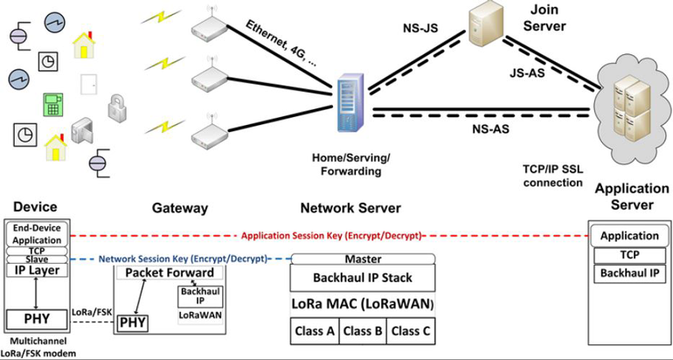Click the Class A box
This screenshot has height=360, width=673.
coord(314,330)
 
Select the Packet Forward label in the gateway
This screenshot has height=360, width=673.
coord(170,273)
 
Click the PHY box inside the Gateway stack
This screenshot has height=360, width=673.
coord(132,323)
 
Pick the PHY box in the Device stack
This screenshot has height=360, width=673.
coord(36,319)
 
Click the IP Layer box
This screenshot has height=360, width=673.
coord(36,271)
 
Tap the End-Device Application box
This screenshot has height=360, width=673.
coord(36,232)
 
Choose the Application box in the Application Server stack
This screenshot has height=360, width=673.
coord(629,236)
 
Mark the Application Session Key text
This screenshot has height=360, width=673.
coord(331,236)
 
